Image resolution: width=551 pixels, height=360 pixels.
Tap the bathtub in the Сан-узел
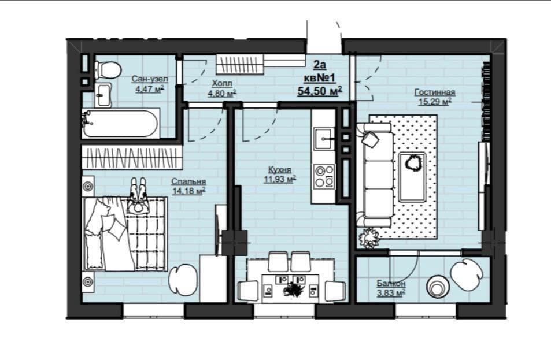[120, 123]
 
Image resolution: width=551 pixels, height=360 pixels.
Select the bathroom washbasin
[103, 95]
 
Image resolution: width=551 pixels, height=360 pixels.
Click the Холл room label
[222, 84]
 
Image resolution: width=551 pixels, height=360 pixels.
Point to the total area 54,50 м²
[320, 91]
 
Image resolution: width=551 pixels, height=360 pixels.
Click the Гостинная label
[435, 92]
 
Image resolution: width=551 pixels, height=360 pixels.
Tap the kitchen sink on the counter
[323, 139]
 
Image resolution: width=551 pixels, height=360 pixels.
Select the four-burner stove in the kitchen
[324, 177]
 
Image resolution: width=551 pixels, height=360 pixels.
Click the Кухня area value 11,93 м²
[280, 179]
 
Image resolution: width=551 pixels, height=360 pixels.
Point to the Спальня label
[188, 182]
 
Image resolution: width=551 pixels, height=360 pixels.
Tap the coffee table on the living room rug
[412, 177]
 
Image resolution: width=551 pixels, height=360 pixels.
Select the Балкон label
[391, 283]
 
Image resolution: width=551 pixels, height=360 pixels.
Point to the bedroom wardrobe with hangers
[132, 158]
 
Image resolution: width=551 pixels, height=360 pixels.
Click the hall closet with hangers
[239, 65]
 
